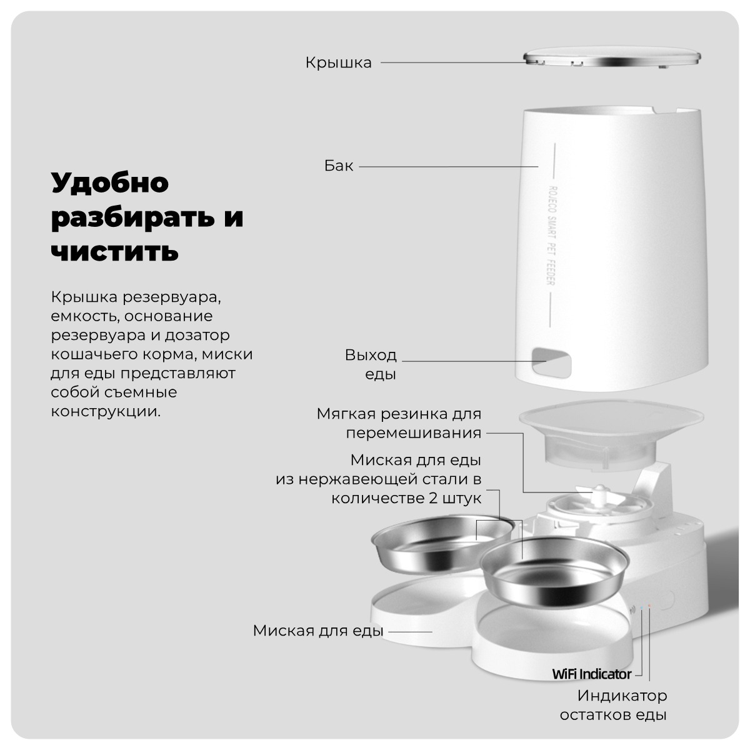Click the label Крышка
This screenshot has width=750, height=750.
coord(338,62)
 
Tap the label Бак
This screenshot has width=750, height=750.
coord(339,166)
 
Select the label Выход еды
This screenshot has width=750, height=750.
coord(371,364)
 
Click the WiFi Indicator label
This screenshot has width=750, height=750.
coord(591,674)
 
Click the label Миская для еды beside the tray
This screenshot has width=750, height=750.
coord(317,630)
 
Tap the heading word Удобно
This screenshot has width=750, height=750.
coord(110,183)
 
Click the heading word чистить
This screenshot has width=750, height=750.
coord(114,251)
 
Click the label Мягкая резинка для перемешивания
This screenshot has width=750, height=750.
coord(399,423)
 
